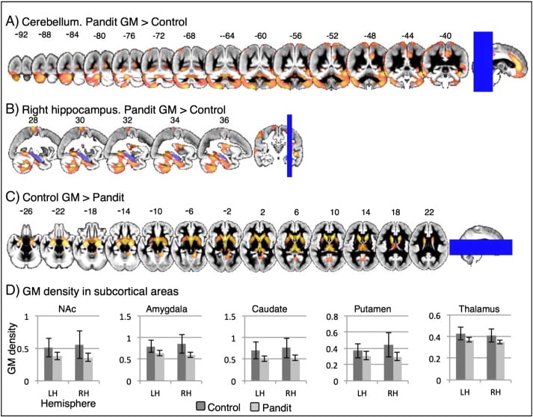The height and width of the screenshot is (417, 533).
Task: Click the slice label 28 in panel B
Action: pyautogui.click(x=31, y=119)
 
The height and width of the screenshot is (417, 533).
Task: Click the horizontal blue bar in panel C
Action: pyautogui.click(x=480, y=248)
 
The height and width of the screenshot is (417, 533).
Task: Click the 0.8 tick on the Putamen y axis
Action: pyautogui.click(x=338, y=316)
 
